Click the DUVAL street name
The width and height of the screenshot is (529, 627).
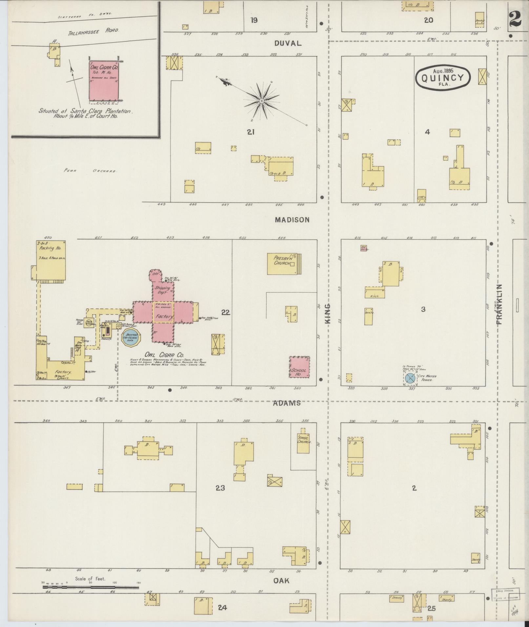point(288,43)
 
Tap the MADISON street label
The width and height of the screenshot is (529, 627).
point(292,220)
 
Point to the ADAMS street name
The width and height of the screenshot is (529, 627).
point(287,403)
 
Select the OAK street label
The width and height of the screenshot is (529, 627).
point(281,580)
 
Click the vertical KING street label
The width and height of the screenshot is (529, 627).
point(328,314)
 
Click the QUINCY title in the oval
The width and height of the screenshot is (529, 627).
point(442,78)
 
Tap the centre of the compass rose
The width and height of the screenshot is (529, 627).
point(262,101)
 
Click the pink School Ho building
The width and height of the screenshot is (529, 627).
point(299,367)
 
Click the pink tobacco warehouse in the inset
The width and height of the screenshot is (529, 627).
point(104,80)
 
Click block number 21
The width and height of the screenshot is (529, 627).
point(251,132)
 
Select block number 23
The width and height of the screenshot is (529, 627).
point(220,488)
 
